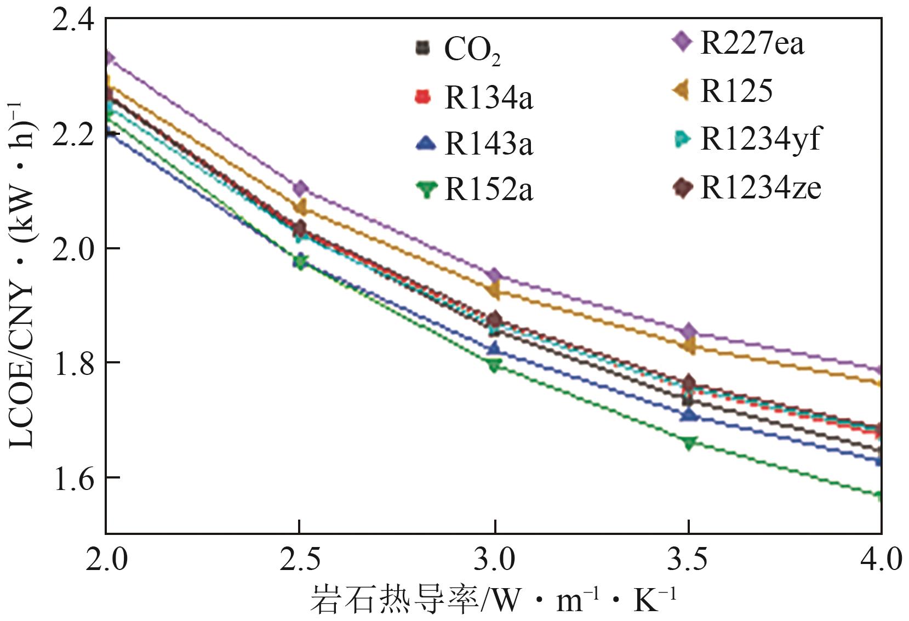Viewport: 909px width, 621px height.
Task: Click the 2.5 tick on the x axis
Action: click(299, 560)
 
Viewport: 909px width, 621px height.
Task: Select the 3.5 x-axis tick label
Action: click(688, 560)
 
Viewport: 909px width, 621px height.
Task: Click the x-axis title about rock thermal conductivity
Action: click(493, 600)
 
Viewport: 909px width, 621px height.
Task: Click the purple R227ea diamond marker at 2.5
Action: click(300, 189)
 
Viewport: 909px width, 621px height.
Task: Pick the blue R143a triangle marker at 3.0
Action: click(494, 349)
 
